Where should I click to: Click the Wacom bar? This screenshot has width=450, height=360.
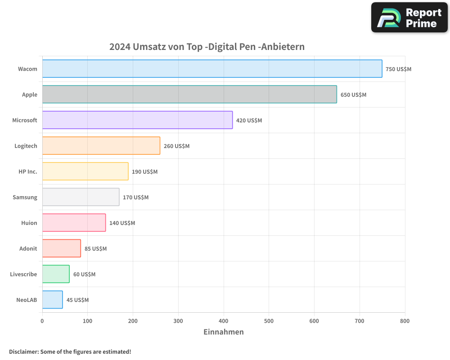(212, 69)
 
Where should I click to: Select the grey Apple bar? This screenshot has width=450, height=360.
(189, 94)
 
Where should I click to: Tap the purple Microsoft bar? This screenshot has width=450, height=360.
(137, 120)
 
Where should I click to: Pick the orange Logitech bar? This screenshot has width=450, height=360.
(101, 146)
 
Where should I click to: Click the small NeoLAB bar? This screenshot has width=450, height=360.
(53, 300)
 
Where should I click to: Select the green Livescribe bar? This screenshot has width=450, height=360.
(56, 274)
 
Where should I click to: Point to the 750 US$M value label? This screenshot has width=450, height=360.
(398, 69)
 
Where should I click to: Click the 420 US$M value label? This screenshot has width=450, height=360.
(249, 121)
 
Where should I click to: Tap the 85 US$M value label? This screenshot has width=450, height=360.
(95, 249)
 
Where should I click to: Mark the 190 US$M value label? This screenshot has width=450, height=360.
(144, 172)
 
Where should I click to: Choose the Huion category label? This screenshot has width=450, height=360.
(29, 223)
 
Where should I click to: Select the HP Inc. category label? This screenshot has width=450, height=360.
(28, 171)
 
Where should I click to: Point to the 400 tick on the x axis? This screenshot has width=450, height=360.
(224, 321)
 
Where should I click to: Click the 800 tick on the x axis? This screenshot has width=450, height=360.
(405, 321)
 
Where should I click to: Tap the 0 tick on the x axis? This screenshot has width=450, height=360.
(42, 321)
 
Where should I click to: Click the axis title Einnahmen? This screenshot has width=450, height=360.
(224, 332)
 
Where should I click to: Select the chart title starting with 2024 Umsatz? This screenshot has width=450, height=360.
(207, 47)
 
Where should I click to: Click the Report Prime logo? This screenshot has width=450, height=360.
(409, 18)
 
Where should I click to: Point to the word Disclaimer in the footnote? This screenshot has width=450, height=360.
(23, 351)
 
